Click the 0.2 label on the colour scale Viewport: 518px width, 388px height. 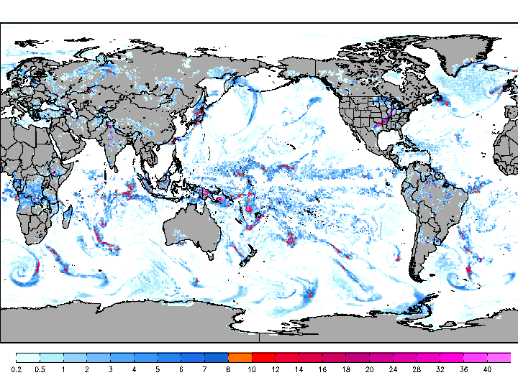click(x=16, y=369)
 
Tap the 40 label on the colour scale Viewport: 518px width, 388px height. click(x=487, y=369)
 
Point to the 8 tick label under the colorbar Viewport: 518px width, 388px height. click(x=228, y=369)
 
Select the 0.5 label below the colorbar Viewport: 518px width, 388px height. click(x=40, y=369)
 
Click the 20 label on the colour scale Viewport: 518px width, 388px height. click(x=369, y=369)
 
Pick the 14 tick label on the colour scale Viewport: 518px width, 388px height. click(x=299, y=369)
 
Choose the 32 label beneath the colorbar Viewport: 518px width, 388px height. click(x=440, y=369)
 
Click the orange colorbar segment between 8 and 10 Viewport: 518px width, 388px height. click(x=240, y=357)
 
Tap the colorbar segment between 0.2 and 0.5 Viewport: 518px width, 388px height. click(x=27, y=357)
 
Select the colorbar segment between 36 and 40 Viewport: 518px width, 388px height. click(x=476, y=357)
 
